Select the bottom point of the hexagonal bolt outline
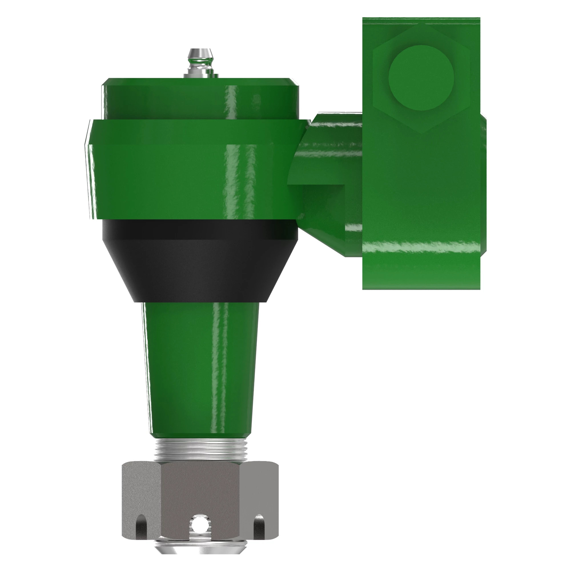[421, 133]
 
